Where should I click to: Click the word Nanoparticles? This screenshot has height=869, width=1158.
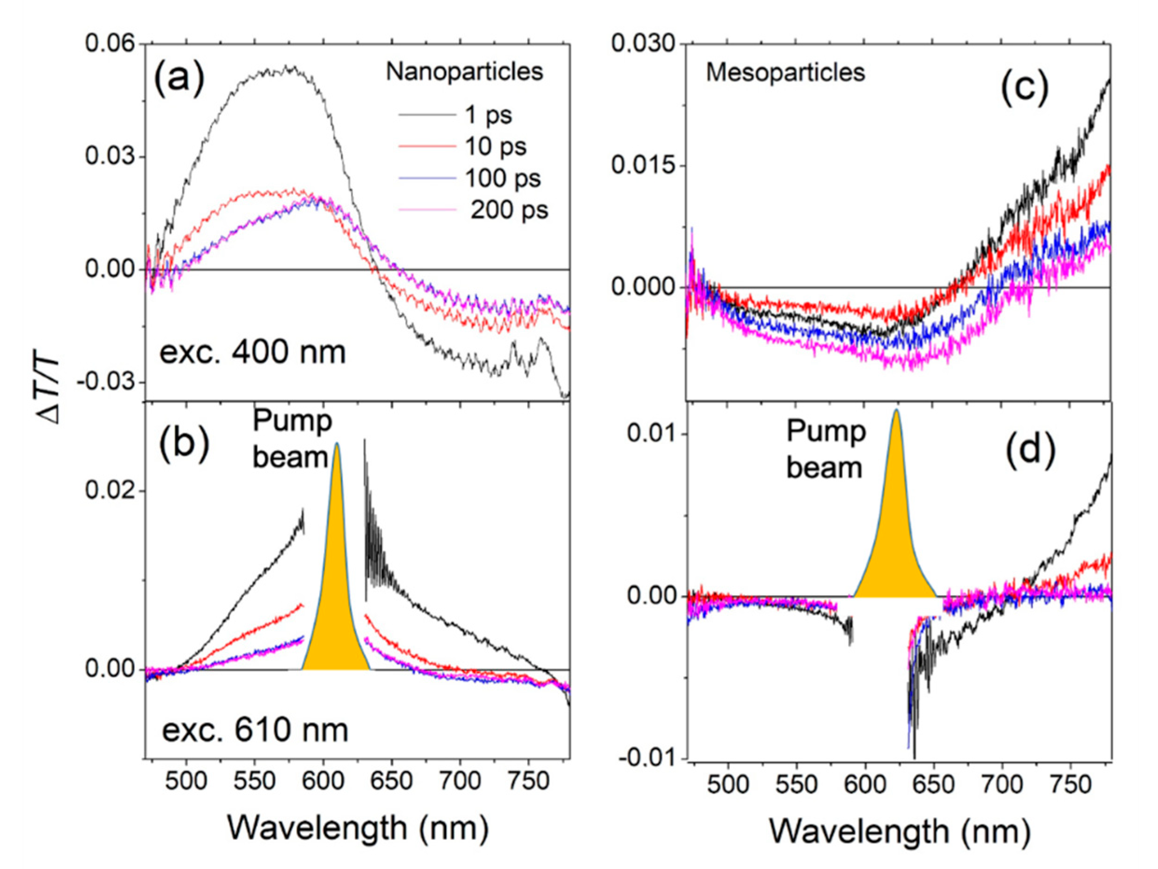[x=464, y=71]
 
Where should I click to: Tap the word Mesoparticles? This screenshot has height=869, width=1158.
[x=785, y=72]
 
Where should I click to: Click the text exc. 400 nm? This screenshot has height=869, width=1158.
[x=252, y=352]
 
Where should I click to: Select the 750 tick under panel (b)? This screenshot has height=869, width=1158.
[x=529, y=781]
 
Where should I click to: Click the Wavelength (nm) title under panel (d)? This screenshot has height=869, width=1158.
[x=899, y=832]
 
